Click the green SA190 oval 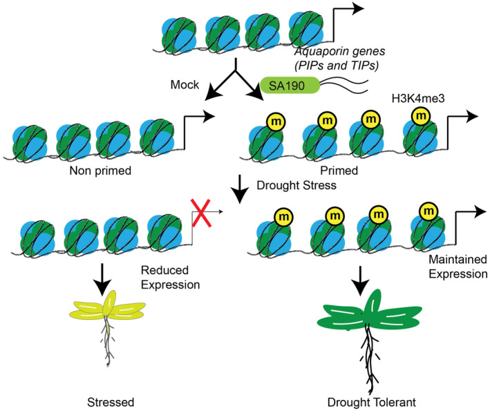coord(290,85)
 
